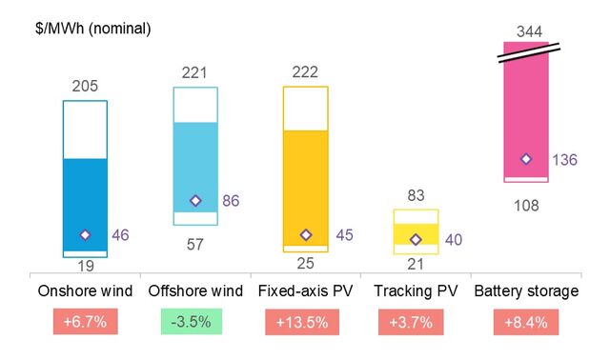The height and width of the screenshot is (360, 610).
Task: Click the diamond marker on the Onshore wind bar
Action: (x=85, y=234)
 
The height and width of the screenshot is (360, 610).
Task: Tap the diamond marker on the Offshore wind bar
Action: (x=195, y=200)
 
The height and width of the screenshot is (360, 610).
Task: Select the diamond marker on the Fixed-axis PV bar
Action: (x=306, y=234)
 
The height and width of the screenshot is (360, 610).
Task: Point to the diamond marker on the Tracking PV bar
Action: (x=416, y=239)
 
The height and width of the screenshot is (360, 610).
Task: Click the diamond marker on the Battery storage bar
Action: (x=525, y=159)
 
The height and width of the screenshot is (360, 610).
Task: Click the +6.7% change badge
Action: (x=85, y=323)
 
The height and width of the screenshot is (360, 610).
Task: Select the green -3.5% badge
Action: (x=195, y=323)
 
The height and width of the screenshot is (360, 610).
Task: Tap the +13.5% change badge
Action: (x=305, y=323)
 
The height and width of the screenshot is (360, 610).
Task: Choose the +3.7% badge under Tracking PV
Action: (x=416, y=323)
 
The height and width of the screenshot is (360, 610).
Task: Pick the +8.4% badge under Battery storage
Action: (x=526, y=323)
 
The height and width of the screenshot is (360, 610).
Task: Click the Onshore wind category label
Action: (x=85, y=290)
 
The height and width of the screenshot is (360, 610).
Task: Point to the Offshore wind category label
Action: (x=195, y=290)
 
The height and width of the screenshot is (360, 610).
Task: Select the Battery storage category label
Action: (x=526, y=290)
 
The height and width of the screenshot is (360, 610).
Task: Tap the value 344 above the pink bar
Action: (x=526, y=31)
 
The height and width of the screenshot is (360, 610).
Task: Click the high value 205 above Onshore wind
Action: (x=86, y=87)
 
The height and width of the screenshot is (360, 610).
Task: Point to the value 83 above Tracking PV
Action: (x=416, y=196)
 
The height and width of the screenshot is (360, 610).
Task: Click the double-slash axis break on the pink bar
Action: (x=526, y=54)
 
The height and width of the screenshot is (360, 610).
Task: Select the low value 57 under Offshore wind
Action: (x=194, y=245)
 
